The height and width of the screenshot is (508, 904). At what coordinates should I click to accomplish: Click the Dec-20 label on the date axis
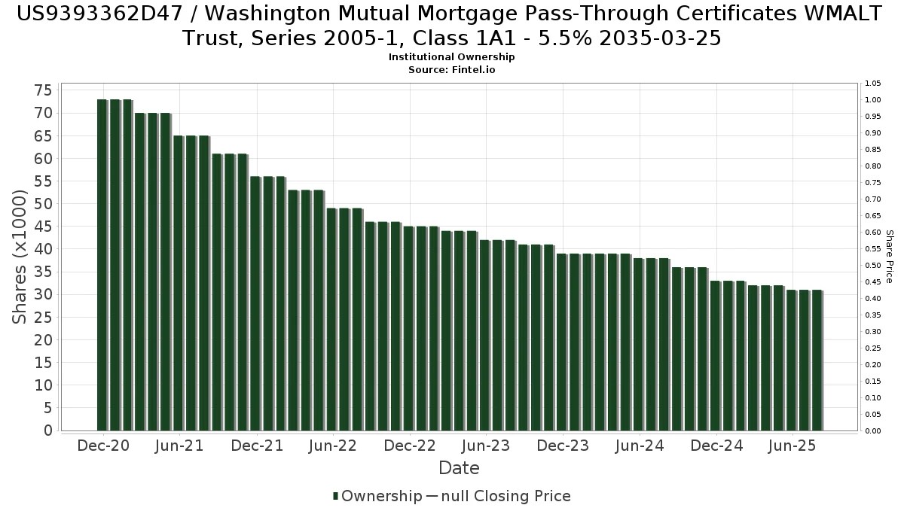(x=104, y=446)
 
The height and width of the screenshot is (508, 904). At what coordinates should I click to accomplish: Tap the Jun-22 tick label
(x=333, y=446)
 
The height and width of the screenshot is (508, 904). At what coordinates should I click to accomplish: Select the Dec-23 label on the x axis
(x=563, y=446)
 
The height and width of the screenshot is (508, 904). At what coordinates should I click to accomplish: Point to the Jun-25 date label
(x=792, y=446)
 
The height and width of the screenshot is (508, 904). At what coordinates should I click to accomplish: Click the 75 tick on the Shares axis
(x=42, y=90)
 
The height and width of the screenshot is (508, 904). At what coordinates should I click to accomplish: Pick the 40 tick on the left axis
(x=42, y=249)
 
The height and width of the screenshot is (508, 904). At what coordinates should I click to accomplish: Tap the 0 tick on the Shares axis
(x=47, y=430)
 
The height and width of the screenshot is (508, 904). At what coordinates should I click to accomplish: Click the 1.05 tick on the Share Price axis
(x=873, y=84)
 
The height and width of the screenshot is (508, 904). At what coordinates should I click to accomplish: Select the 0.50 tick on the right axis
(x=873, y=266)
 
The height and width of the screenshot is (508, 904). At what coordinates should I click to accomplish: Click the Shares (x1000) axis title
(x=20, y=257)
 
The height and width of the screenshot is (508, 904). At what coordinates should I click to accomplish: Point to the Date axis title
(x=459, y=468)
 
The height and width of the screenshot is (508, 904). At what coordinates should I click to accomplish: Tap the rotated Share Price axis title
(x=889, y=257)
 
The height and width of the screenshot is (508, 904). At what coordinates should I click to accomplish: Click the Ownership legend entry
(x=377, y=496)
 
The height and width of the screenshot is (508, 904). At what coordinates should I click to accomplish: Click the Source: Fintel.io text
(x=451, y=69)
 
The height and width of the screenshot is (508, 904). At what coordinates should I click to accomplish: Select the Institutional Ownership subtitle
(x=451, y=57)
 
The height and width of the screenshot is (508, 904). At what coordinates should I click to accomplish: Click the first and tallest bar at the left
(x=102, y=263)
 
